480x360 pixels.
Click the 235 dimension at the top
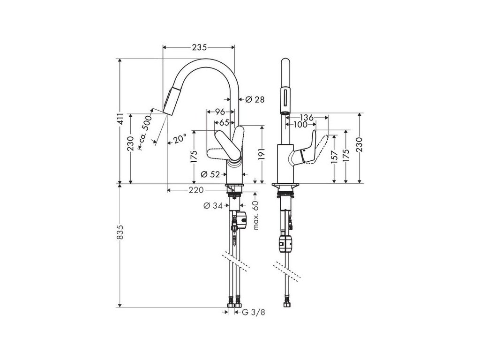[199, 47]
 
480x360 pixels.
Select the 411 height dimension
[120, 121]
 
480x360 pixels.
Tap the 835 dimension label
[120, 238]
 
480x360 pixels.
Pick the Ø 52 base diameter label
[210, 174]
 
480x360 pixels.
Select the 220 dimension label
[196, 190]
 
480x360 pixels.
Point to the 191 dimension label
[262, 154]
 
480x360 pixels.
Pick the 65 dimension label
[224, 122]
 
